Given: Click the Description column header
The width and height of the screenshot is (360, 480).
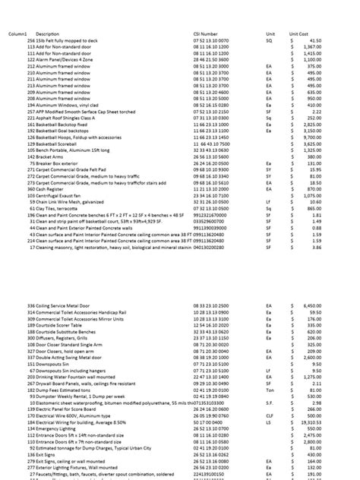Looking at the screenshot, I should [47, 34].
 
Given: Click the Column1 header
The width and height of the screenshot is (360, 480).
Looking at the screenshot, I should [17, 34].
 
